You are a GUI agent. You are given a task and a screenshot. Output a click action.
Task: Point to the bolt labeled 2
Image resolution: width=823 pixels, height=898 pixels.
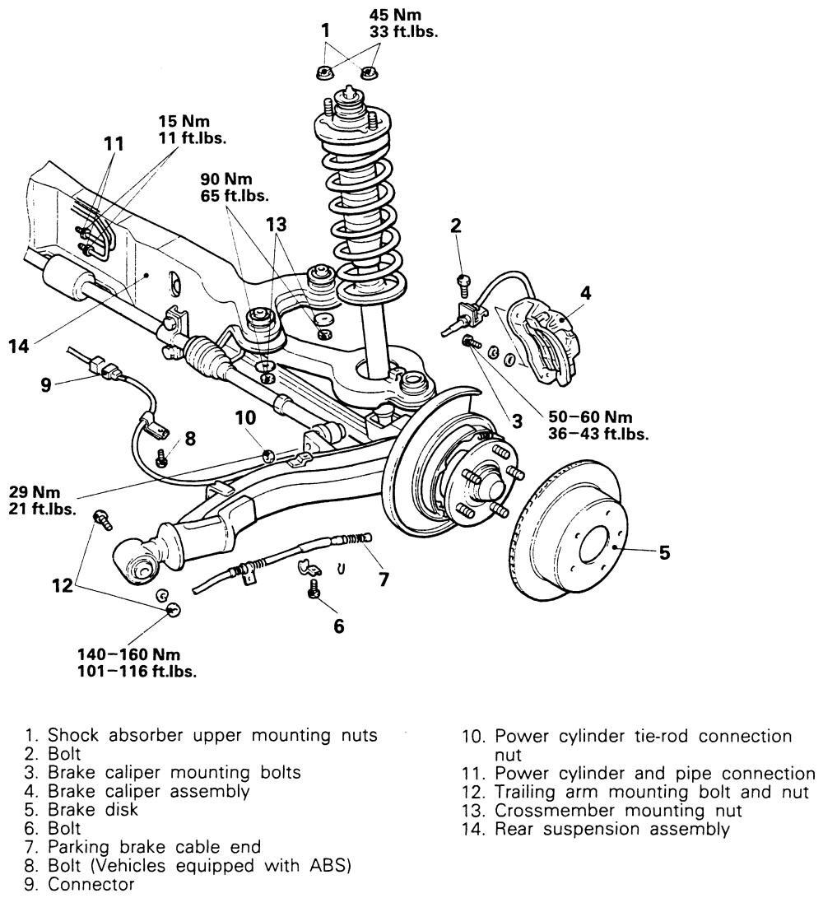462,281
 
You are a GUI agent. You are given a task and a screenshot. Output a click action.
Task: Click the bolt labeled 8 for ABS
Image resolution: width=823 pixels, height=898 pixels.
163,460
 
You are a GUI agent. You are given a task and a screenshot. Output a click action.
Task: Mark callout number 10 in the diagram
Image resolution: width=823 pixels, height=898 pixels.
246,418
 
